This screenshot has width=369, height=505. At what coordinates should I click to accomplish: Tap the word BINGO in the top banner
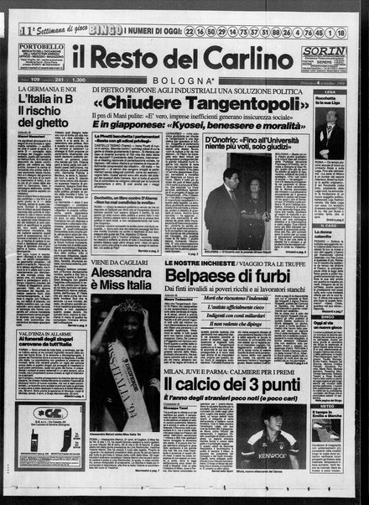point(101,30)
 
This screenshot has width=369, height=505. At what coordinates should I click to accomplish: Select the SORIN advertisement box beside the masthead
point(324,62)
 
